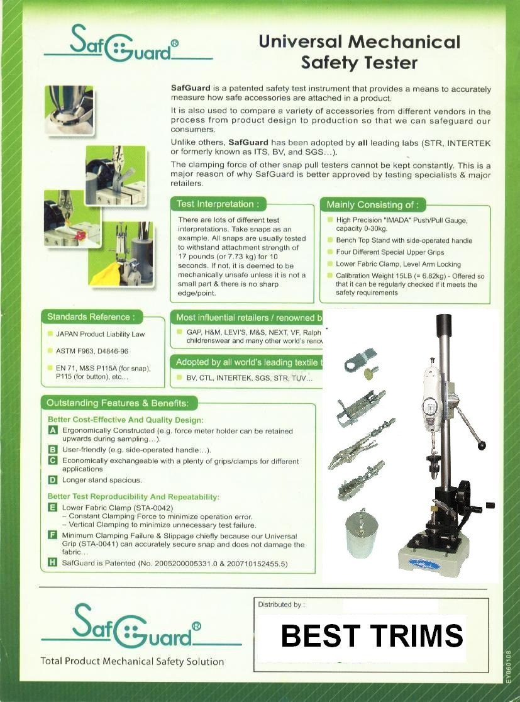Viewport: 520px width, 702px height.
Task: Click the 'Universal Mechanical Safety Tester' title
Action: tap(359, 52)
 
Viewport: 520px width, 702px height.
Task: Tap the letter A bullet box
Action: tap(53, 431)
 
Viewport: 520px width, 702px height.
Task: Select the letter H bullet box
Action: tap(53, 564)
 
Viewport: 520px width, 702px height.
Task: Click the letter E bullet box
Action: tap(53, 507)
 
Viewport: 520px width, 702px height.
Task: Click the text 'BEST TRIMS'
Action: tap(372, 636)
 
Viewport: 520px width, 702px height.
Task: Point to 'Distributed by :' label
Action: tap(281, 604)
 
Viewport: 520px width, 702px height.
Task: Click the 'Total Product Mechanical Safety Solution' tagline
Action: tap(132, 661)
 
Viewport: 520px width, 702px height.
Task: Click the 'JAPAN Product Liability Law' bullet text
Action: tap(100, 335)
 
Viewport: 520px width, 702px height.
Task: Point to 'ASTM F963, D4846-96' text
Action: tap(92, 351)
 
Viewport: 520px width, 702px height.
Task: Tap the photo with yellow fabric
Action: tap(119, 254)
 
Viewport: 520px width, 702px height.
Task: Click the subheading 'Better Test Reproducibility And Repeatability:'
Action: tap(133, 496)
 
